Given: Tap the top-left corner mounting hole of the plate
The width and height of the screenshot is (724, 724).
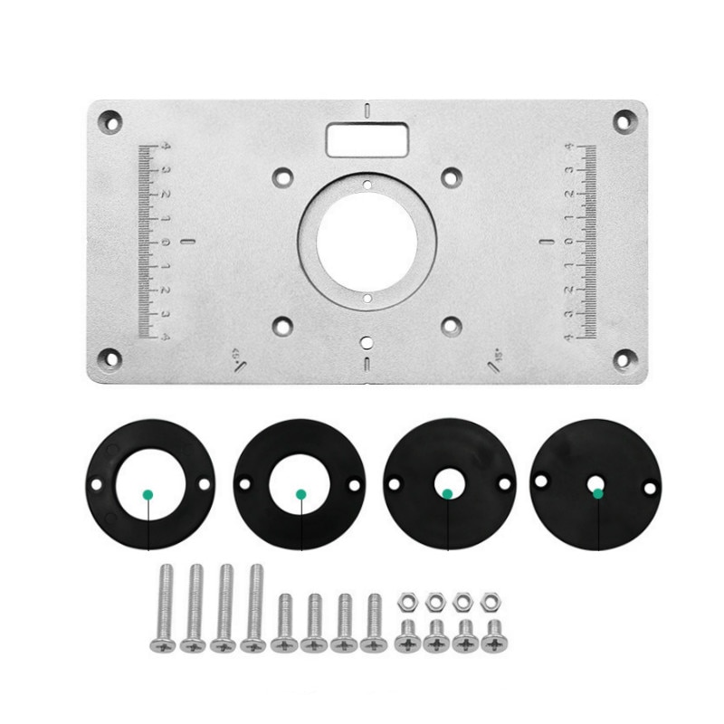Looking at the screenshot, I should (x=110, y=119).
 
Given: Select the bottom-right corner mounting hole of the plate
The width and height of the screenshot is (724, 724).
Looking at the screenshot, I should (x=623, y=357).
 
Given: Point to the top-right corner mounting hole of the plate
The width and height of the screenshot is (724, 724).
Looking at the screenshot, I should (x=623, y=119).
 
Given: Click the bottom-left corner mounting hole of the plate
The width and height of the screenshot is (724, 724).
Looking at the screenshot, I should (x=110, y=357).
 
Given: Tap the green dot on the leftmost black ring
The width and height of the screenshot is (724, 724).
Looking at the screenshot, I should (x=147, y=494).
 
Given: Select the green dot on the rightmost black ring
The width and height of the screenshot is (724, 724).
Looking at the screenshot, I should (x=597, y=493).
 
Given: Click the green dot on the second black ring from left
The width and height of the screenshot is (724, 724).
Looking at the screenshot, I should (x=300, y=494).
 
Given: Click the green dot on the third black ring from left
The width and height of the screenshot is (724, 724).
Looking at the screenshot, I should (x=447, y=493).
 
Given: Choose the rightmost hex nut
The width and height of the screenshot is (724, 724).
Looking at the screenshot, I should (x=491, y=599).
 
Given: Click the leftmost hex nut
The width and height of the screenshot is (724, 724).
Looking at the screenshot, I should (x=407, y=599).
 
